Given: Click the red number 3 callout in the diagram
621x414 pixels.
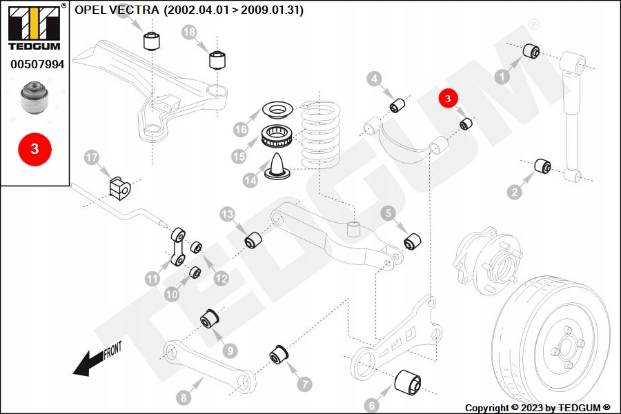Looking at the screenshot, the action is coord(448,98).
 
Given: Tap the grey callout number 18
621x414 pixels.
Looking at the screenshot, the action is coord(189,32).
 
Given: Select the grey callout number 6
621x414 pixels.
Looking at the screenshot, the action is coord(371,405).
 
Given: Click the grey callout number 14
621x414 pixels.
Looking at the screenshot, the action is coord(250,181).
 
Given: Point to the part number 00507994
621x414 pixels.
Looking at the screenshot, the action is coord(37,64).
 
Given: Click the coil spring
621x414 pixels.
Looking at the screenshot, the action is coord(320,135).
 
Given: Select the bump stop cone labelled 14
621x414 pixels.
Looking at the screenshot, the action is coord(277,166).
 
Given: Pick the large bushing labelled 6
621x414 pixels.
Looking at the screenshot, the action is coord(408,382).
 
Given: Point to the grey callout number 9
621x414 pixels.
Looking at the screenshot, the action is coord(230,351).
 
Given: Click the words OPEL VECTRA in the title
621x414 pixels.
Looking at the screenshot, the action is coord(117,10).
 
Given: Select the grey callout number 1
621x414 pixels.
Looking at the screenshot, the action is coord(502,77).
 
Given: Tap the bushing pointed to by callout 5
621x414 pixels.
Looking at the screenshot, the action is coord(413,241).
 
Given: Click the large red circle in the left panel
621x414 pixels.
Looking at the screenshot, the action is coord(35,149).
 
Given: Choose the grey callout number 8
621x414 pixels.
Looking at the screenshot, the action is coord(184,397).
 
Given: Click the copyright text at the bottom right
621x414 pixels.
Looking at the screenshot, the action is coord(538,408).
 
